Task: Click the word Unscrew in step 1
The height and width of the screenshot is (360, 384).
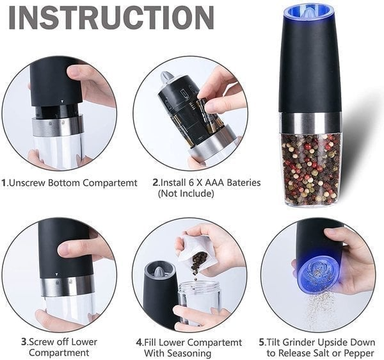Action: pyautogui.click(x=28, y=183)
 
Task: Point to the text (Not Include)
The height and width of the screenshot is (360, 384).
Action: pyautogui.click(x=186, y=194)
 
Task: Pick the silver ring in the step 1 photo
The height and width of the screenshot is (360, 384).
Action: pyautogui.click(x=57, y=126)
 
